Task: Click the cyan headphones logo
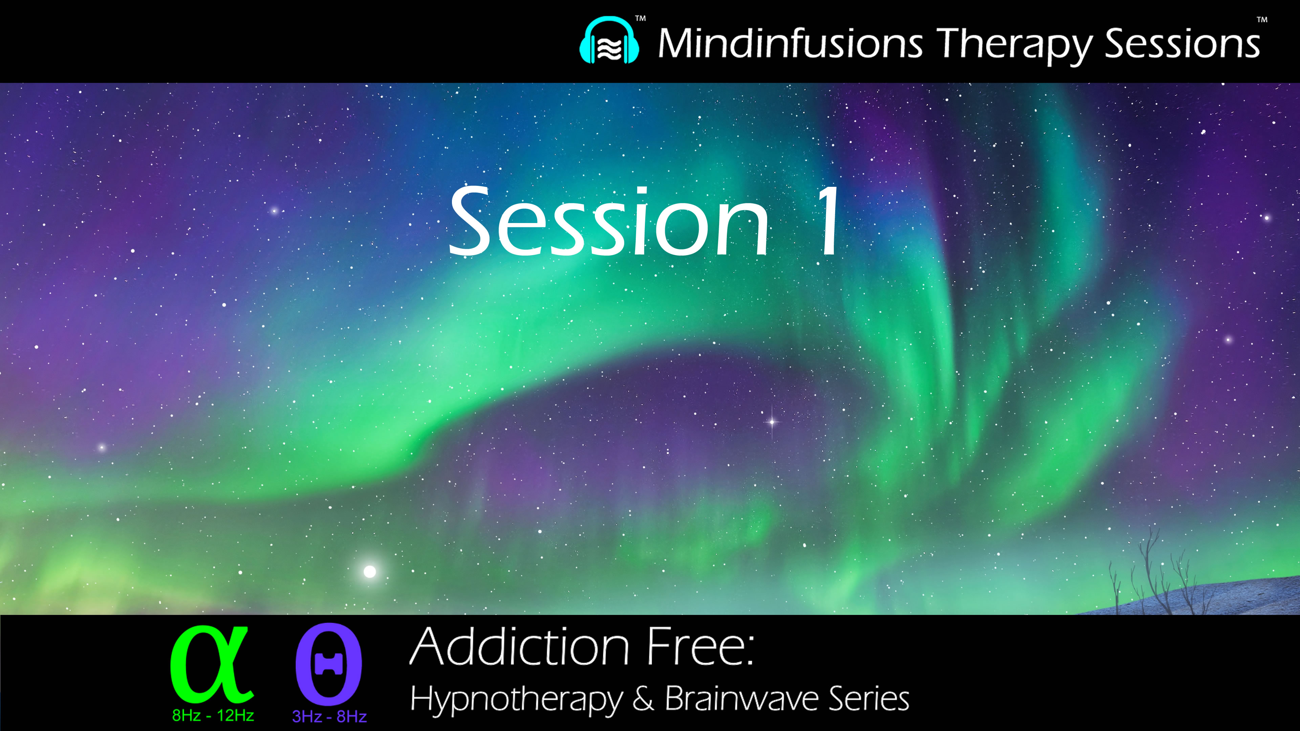pyautogui.click(x=609, y=41)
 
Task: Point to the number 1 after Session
pyautogui.click(x=828, y=222)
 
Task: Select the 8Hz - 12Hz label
pyautogui.click(x=213, y=715)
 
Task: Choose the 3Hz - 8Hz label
pyautogui.click(x=329, y=716)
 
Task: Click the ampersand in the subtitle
pyautogui.click(x=644, y=699)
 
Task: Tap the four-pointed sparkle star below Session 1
pyautogui.click(x=772, y=421)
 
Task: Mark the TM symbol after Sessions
pyautogui.click(x=1262, y=20)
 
